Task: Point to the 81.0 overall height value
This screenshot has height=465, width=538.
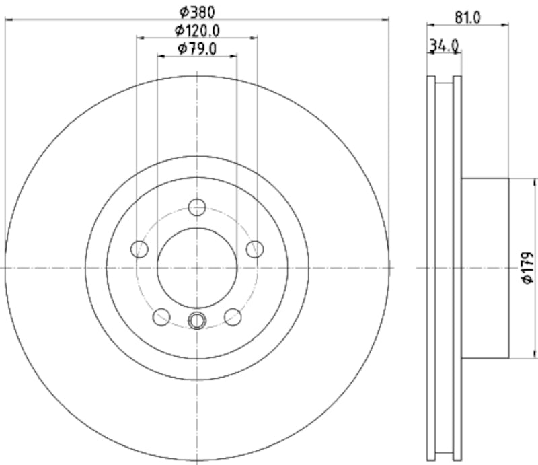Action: coord(467,17)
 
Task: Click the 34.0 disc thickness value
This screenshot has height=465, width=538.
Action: coord(445,46)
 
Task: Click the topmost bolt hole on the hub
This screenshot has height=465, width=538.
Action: coord(196,207)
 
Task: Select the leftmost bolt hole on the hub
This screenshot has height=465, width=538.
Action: coord(140,249)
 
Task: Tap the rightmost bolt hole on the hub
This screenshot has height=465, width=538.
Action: coord(254,249)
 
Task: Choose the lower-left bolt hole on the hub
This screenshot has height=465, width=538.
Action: coord(161,316)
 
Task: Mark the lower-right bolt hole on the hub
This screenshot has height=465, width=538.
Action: coord(232,316)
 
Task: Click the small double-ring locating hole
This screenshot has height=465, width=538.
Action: coord(196,320)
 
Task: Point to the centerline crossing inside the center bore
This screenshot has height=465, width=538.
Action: coord(196,267)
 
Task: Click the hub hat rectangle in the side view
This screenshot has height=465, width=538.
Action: coord(484,268)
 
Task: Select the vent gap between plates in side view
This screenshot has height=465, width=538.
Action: coord(445,268)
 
